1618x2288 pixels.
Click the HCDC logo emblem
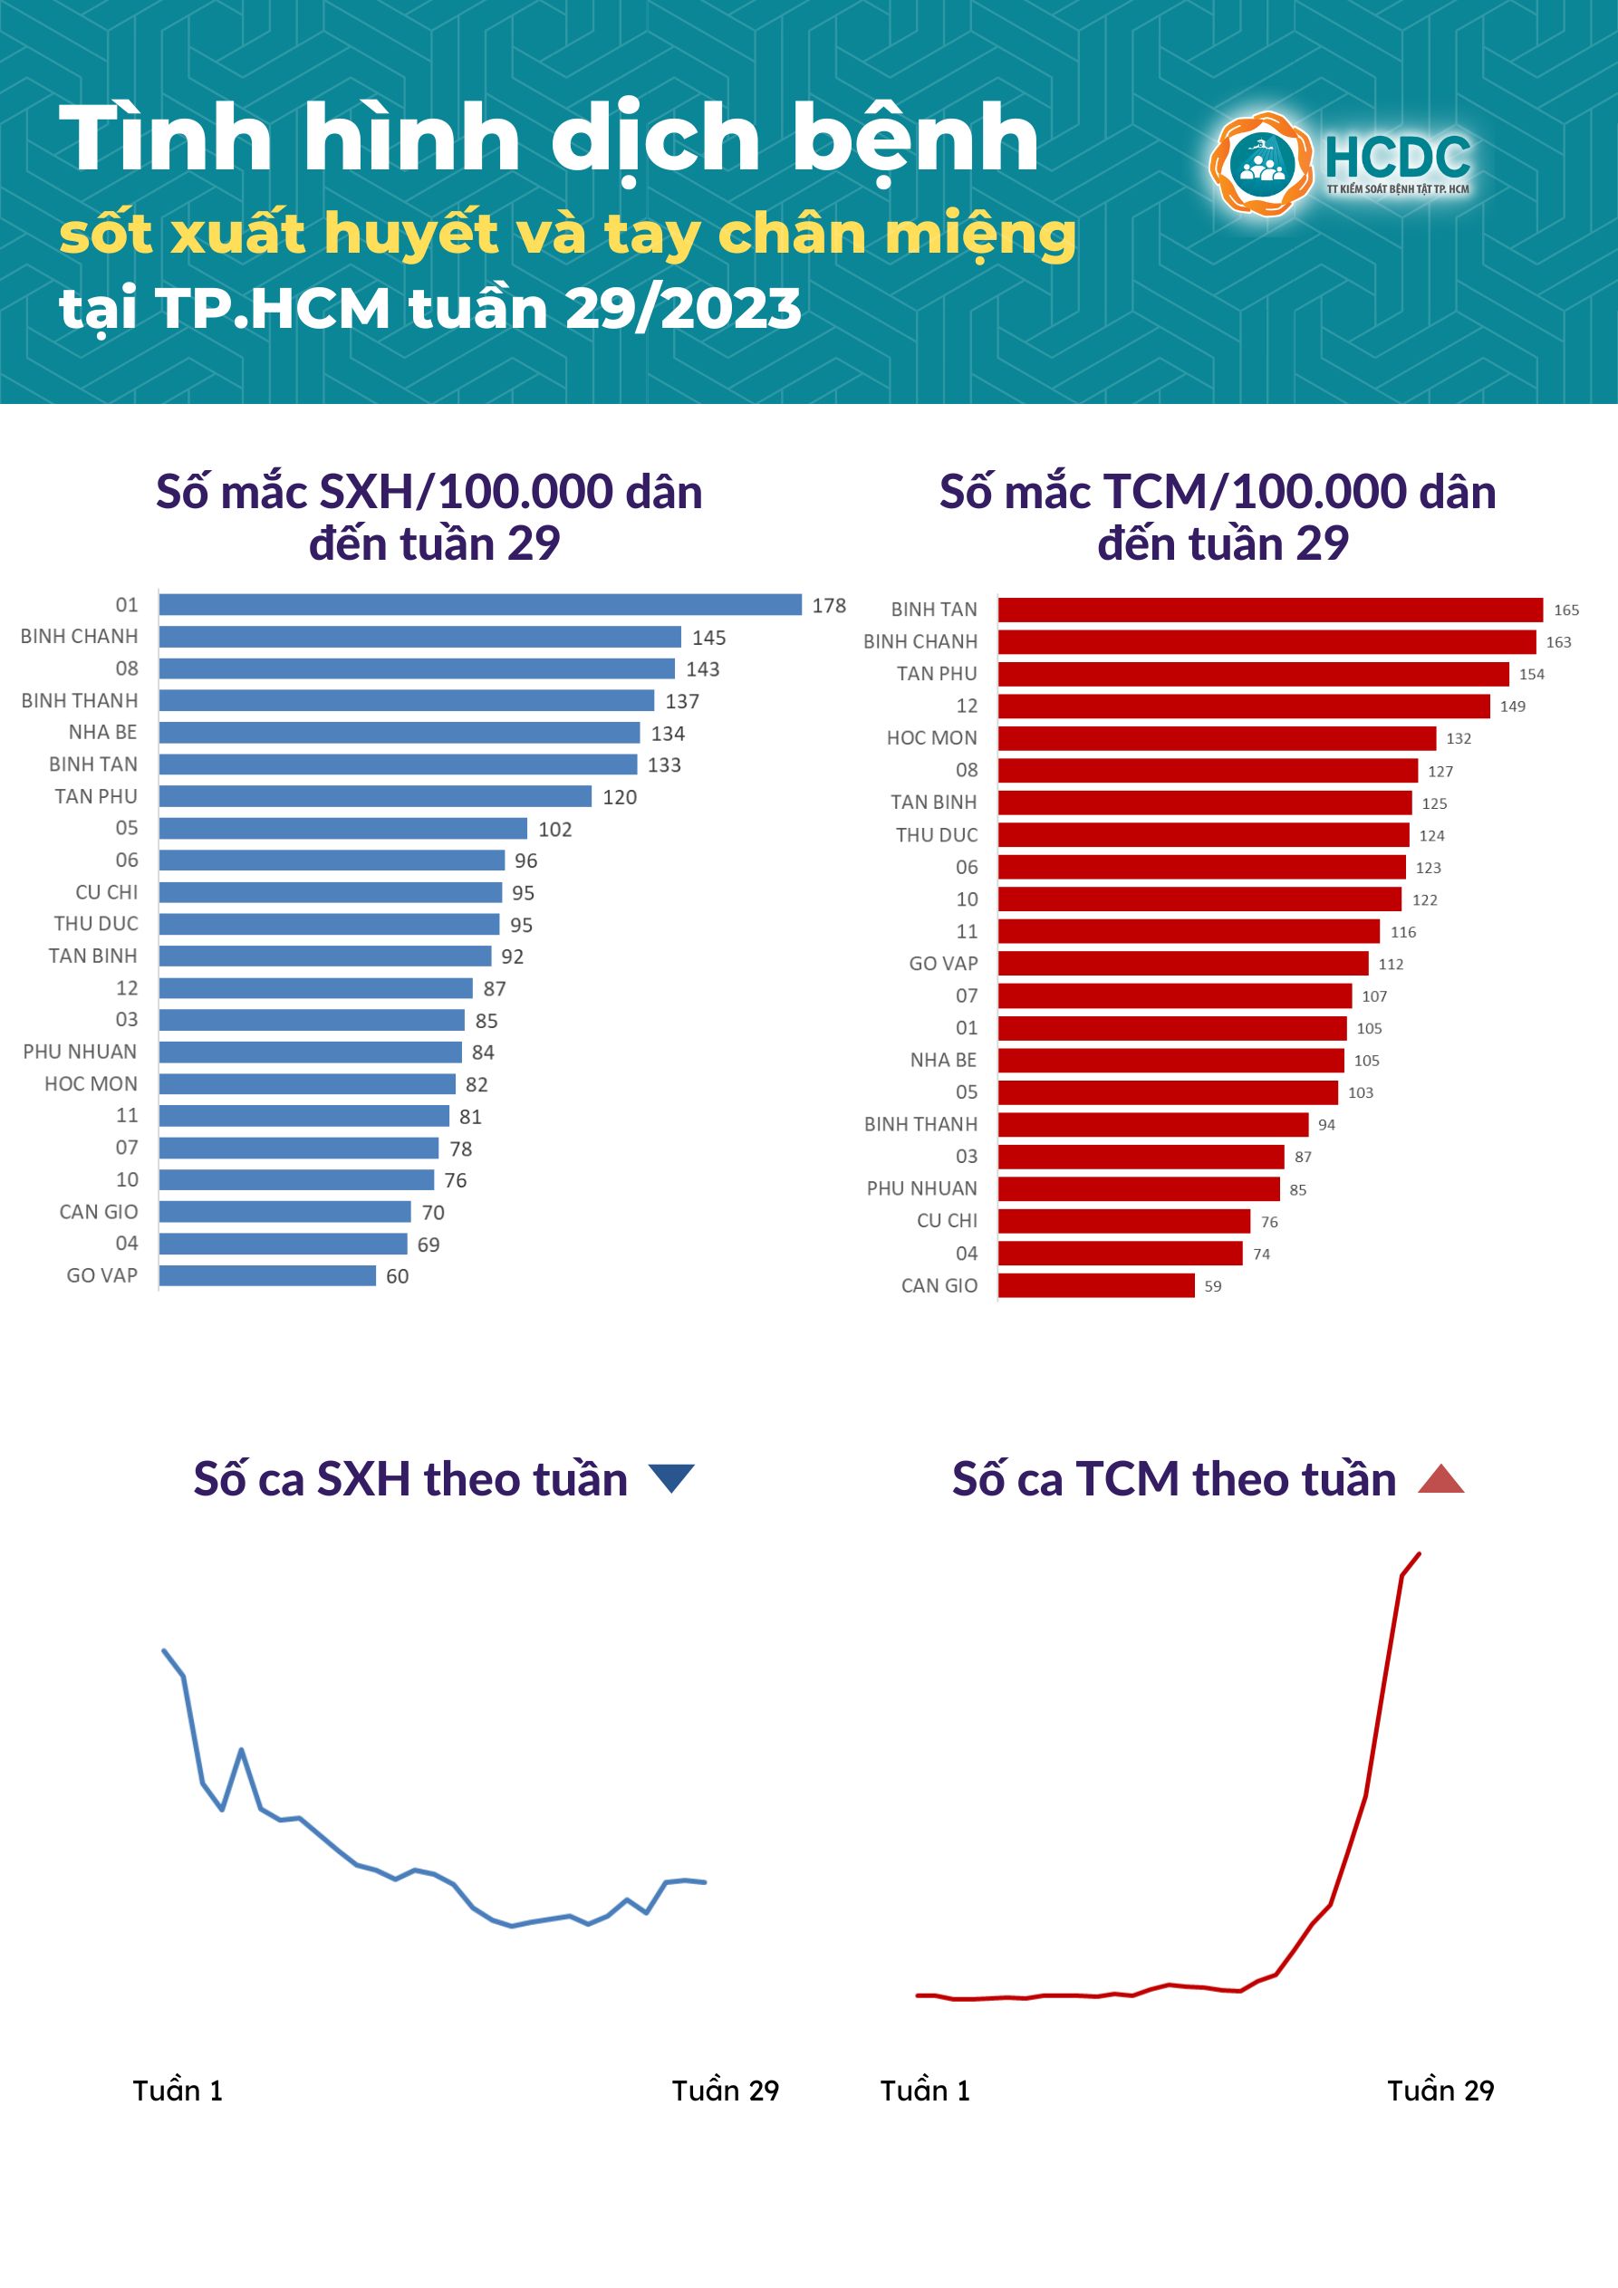click(1260, 163)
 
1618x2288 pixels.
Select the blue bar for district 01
click(479, 605)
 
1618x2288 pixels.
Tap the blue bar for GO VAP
click(267, 1275)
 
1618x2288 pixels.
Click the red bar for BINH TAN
click(1269, 610)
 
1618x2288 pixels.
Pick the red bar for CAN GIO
click(1095, 1285)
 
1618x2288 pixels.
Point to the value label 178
click(828, 606)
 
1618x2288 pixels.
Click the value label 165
click(1566, 610)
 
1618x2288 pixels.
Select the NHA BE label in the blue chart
click(102, 733)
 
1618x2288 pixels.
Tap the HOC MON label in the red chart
click(931, 738)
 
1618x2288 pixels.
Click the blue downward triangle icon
click(671, 1478)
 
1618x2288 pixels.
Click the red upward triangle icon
click(1440, 1479)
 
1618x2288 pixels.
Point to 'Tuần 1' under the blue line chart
click(178, 2091)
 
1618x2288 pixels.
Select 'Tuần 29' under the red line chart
click(1440, 2091)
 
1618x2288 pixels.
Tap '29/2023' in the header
click(683, 308)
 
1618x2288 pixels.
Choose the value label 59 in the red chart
click(1212, 1286)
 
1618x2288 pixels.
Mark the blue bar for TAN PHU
click(375, 796)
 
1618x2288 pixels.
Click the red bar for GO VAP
click(1182, 964)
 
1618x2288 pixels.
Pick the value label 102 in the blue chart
click(554, 829)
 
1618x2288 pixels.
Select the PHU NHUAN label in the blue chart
click(80, 1053)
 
